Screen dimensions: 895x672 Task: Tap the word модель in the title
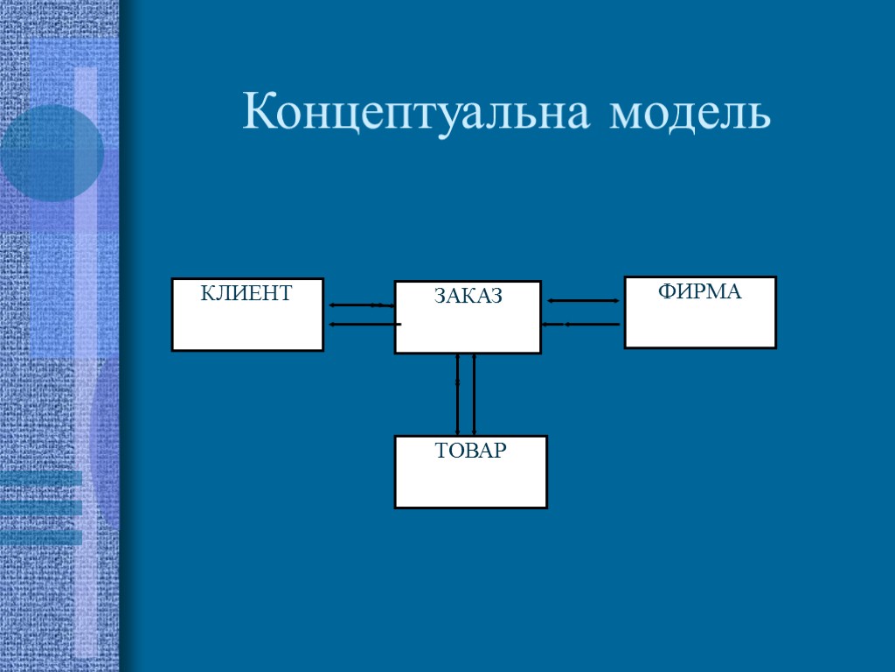[x=690, y=114]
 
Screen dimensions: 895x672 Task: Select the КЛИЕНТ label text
[x=246, y=293]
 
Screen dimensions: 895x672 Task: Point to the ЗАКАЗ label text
[x=468, y=297]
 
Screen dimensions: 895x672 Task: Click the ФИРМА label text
[x=699, y=292]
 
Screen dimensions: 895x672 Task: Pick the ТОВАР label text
[x=470, y=451]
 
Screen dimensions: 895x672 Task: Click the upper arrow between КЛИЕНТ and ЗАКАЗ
[x=361, y=305]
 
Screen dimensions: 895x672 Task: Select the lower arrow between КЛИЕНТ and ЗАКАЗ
[x=364, y=324]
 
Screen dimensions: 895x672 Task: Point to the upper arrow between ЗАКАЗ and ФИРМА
[x=583, y=301]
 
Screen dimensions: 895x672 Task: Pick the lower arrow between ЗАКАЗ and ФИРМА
[x=581, y=325]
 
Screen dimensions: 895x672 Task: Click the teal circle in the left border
[x=51, y=154]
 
